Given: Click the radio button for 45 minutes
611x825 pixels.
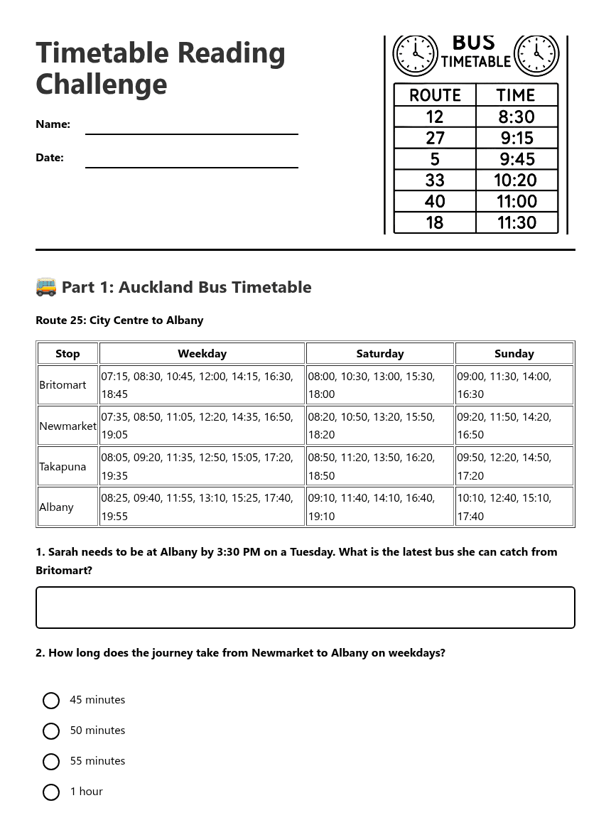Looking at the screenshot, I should pyautogui.click(x=51, y=701).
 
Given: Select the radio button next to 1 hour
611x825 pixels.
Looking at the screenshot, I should pyautogui.click(x=51, y=792).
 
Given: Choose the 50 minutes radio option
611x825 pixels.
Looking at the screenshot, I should pyautogui.click(x=51, y=731).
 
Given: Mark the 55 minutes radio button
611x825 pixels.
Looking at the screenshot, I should pyautogui.click(x=51, y=762).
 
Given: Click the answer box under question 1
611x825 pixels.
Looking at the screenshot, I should pyautogui.click(x=305, y=608).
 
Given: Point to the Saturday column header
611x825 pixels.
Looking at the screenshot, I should pyautogui.click(x=379, y=353).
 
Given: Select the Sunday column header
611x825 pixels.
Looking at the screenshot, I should pyautogui.click(x=514, y=353).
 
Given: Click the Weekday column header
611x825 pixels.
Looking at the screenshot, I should pyautogui.click(x=202, y=353).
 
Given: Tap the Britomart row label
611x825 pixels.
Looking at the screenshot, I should pyautogui.click(x=63, y=385).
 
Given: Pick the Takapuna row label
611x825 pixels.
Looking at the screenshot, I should pyautogui.click(x=63, y=467).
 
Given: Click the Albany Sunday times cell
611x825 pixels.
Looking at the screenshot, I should pyautogui.click(x=514, y=507).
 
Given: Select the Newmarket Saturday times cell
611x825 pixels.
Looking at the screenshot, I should pyautogui.click(x=379, y=426).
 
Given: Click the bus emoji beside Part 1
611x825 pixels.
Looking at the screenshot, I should pyautogui.click(x=46, y=287).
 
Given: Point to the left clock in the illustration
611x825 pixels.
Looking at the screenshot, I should pyautogui.click(x=416, y=54).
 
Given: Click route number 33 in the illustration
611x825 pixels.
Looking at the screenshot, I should pyautogui.click(x=435, y=180).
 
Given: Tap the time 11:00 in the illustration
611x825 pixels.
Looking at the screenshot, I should pyautogui.click(x=517, y=201).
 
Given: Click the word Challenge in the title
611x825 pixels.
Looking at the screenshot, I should pyautogui.click(x=102, y=84).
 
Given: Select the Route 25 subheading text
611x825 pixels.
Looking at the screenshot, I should pyautogui.click(x=119, y=320).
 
